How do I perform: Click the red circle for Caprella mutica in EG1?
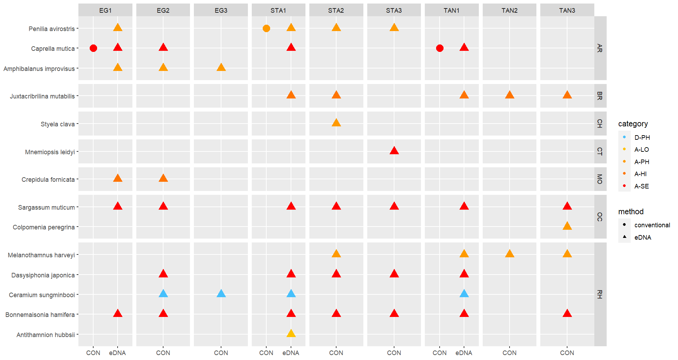93,48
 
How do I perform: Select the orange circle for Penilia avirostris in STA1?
267,28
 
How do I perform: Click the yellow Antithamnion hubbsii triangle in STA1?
291,334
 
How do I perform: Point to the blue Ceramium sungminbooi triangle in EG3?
221,294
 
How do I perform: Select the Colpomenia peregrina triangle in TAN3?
567,226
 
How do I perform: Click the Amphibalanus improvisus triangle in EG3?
221,67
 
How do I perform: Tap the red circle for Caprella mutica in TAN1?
440,48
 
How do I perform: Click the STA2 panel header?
336,10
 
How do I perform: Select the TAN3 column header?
567,10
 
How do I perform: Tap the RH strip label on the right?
600,294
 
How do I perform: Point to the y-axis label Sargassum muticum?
46,208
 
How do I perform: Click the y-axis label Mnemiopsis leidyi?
50,152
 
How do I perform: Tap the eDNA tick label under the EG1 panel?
117,353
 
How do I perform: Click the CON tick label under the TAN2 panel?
510,353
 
